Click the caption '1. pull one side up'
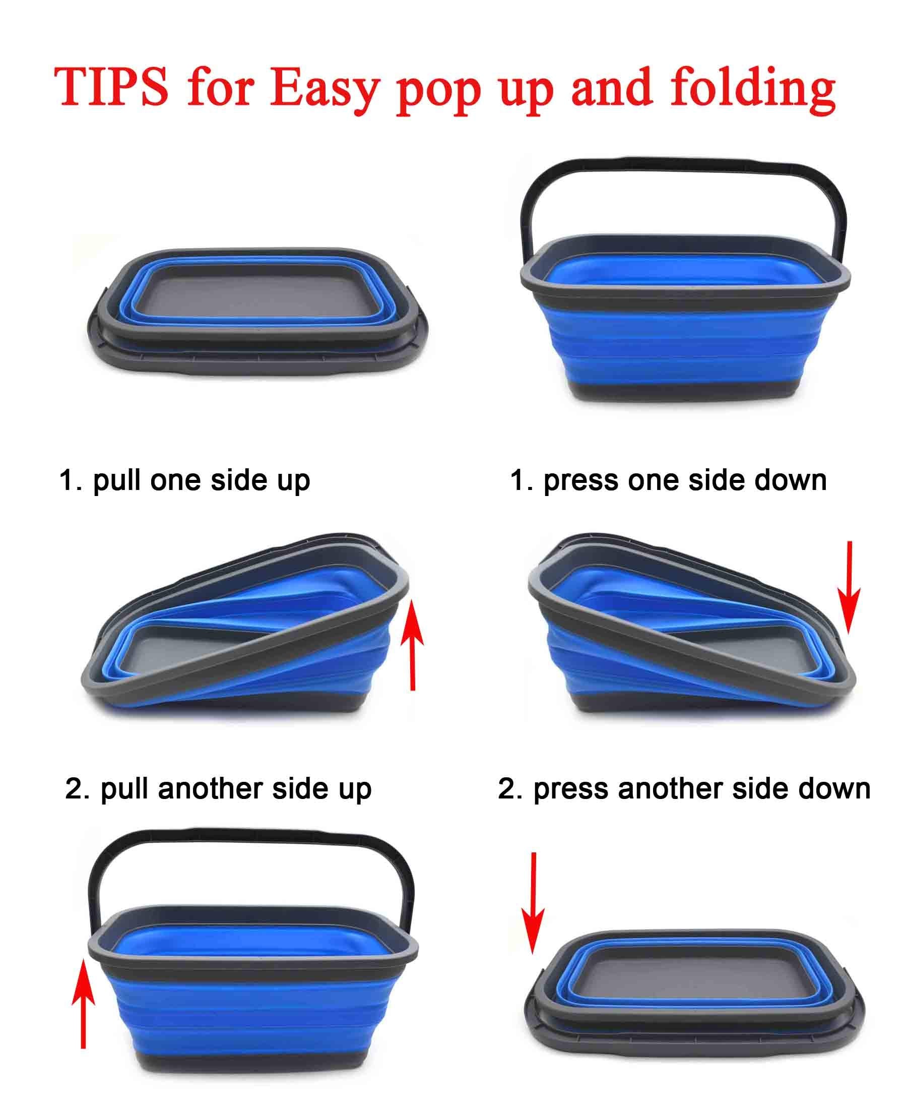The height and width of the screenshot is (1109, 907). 184,481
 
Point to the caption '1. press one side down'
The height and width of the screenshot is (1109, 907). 668,481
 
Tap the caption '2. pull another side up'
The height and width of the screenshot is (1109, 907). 218,789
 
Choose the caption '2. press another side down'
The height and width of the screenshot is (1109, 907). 684,789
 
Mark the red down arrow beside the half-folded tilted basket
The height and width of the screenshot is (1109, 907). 849,588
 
